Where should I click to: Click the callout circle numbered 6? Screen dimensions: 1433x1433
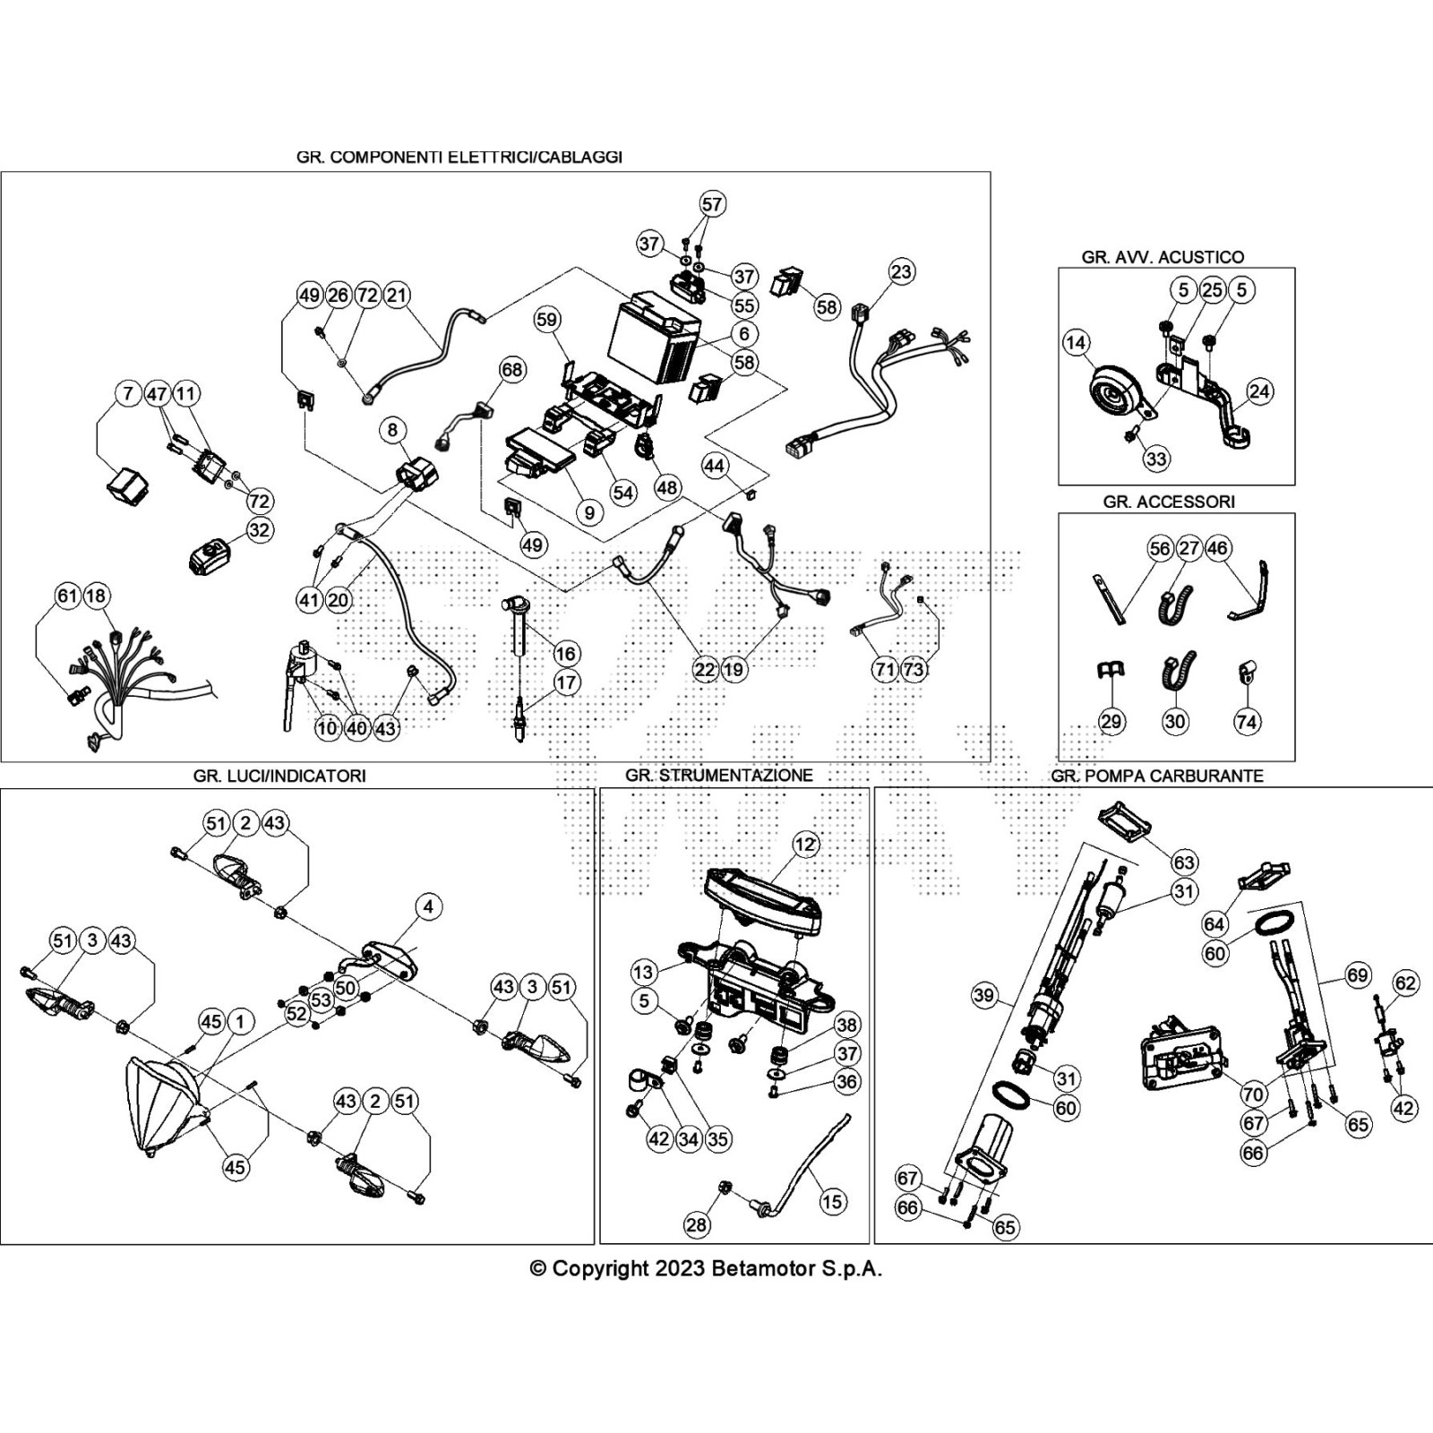[x=743, y=333]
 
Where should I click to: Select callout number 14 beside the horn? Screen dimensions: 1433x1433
[x=1076, y=342]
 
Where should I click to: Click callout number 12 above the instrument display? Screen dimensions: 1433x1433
[x=805, y=844]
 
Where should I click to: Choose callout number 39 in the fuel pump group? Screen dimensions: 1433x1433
[x=983, y=995]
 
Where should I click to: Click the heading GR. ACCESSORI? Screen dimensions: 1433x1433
[x=1168, y=502]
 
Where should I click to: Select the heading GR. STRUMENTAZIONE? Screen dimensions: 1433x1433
[x=718, y=776]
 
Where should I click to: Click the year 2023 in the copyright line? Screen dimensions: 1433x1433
[x=679, y=1269]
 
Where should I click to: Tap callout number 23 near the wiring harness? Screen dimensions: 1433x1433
[x=901, y=271]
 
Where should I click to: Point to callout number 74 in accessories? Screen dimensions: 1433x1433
[x=1247, y=721]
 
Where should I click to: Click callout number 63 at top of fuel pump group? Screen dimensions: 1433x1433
[x=1184, y=862]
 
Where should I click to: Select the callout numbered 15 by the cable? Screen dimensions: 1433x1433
[x=832, y=1201]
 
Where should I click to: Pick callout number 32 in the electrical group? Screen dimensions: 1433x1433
[x=259, y=530]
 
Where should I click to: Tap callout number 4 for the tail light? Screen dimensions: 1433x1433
[x=428, y=906]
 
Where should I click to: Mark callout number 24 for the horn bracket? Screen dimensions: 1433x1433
[x=1259, y=391]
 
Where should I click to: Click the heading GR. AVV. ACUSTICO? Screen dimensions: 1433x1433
[x=1163, y=257]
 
